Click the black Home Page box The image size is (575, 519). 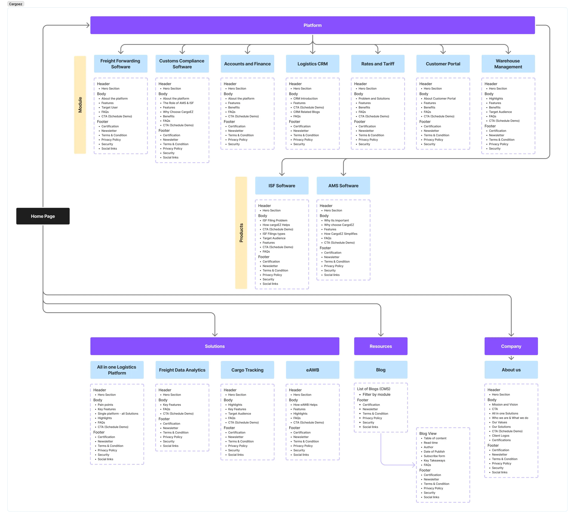pos(43,216)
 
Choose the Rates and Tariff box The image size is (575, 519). pos(378,64)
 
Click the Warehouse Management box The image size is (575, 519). pos(508,64)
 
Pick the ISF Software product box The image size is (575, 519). pos(282,186)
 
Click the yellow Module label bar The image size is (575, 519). pos(80,105)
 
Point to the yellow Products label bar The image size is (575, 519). pos(241,233)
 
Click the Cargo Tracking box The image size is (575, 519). pos(247,370)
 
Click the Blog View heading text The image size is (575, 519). pos(428,434)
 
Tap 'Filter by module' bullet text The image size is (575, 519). pos(376,394)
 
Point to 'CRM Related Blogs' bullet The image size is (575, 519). pos(306,112)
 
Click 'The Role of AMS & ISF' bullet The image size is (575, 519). pos(178,103)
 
